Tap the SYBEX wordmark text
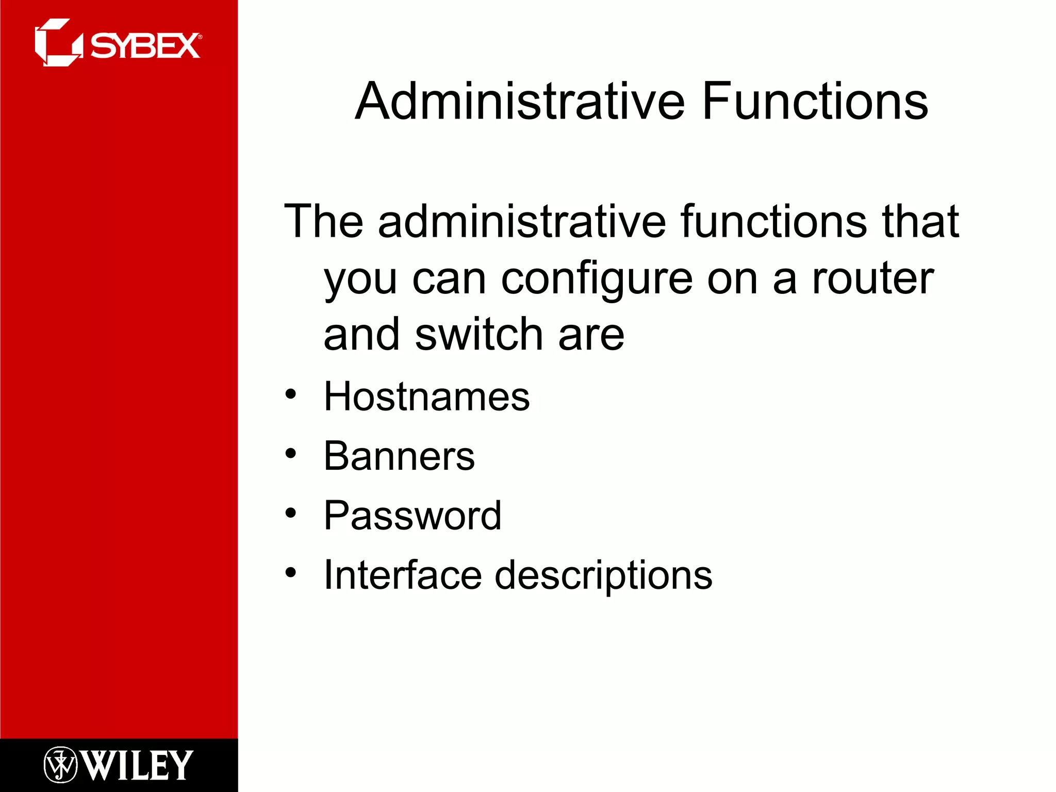(x=145, y=46)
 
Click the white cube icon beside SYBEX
(x=58, y=43)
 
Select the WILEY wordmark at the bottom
(x=137, y=765)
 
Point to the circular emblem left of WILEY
(x=60, y=765)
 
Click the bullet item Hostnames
(x=426, y=396)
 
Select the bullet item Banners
(x=399, y=456)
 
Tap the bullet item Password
(x=412, y=515)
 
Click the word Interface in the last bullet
(x=403, y=574)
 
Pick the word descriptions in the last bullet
(x=603, y=575)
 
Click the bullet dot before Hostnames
(x=291, y=394)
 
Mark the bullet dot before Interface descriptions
(x=291, y=572)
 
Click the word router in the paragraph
(x=872, y=278)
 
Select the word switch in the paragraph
(x=479, y=334)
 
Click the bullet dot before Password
(x=291, y=513)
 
